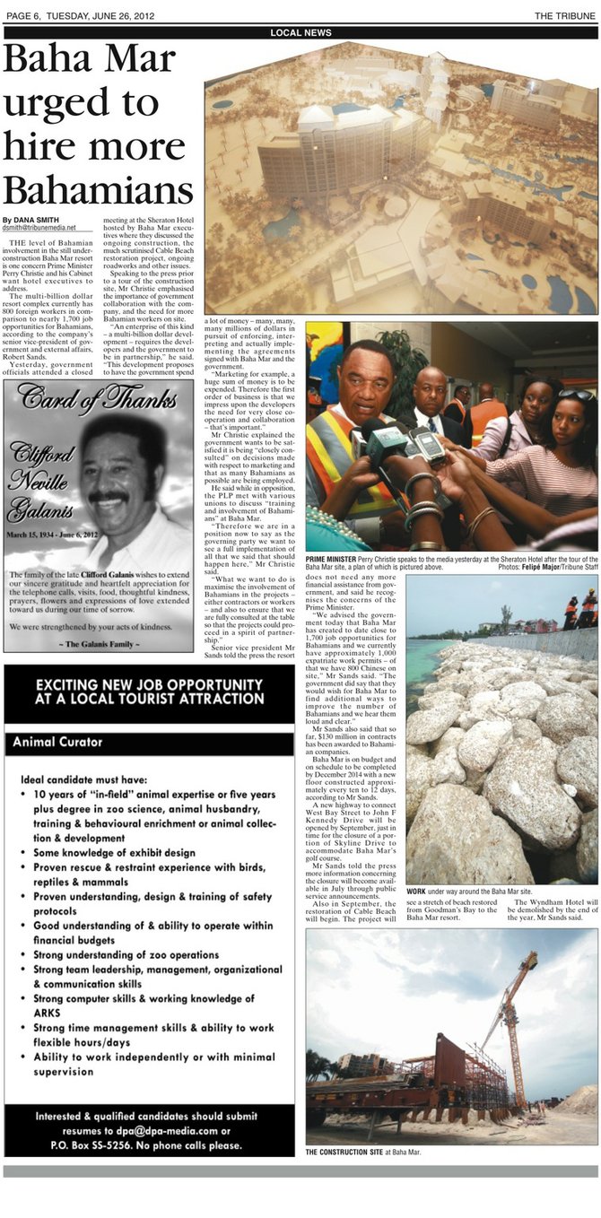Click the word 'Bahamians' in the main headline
click(98, 189)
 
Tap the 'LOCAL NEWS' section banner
click(300, 33)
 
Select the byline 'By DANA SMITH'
click(33, 220)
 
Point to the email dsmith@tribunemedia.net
click(39, 229)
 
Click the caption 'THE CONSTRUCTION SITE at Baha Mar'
click(363, 1152)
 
